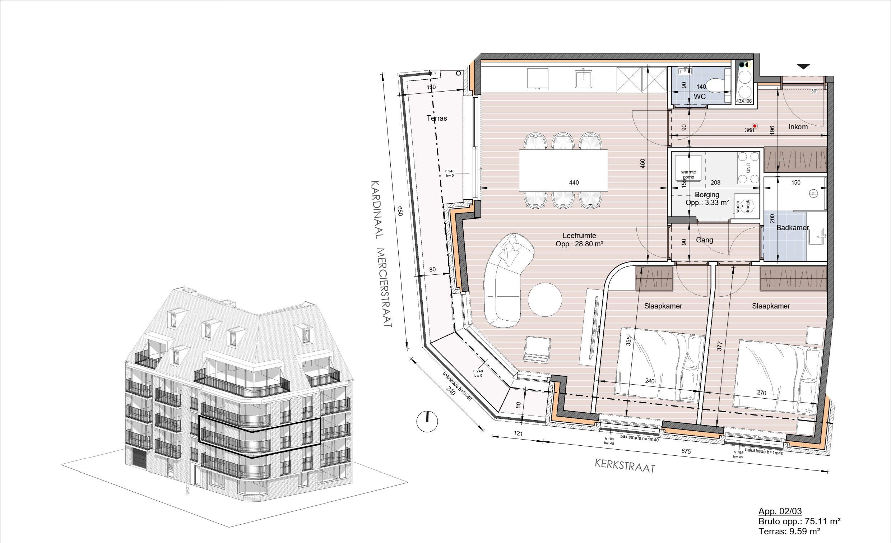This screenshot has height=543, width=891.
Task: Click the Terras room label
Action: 436,118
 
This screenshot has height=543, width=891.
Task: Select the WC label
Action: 699,97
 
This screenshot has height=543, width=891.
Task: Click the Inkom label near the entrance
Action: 798,127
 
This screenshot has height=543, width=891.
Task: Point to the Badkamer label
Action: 792,228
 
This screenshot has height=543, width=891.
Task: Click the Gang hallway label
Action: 704,240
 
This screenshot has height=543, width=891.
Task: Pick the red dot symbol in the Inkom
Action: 755,126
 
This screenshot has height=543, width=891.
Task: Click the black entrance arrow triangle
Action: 803,66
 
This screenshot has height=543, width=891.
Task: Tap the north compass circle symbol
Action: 427,421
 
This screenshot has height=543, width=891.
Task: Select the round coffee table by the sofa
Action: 544,300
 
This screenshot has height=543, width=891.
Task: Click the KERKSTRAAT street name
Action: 625,466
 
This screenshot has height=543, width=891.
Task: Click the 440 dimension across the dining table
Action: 574,182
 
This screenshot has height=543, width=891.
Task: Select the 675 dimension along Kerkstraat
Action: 686,451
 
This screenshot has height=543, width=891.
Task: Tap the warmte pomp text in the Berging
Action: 688,174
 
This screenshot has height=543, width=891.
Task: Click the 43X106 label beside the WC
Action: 744,101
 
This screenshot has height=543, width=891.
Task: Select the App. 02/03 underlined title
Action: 780,511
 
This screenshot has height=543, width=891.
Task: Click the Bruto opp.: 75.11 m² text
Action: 799,521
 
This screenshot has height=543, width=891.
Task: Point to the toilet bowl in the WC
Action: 715,86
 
